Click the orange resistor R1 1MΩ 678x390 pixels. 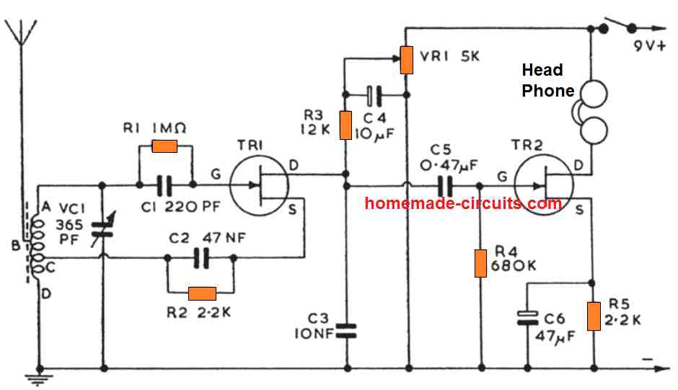point(164,147)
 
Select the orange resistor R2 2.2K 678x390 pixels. point(201,293)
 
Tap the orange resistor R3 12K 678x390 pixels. point(345,125)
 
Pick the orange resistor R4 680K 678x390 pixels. point(480,264)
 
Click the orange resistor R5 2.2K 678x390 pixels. point(593,316)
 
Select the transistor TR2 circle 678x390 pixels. point(546,185)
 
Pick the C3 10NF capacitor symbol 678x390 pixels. point(346,330)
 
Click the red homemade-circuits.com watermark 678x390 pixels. point(463,203)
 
